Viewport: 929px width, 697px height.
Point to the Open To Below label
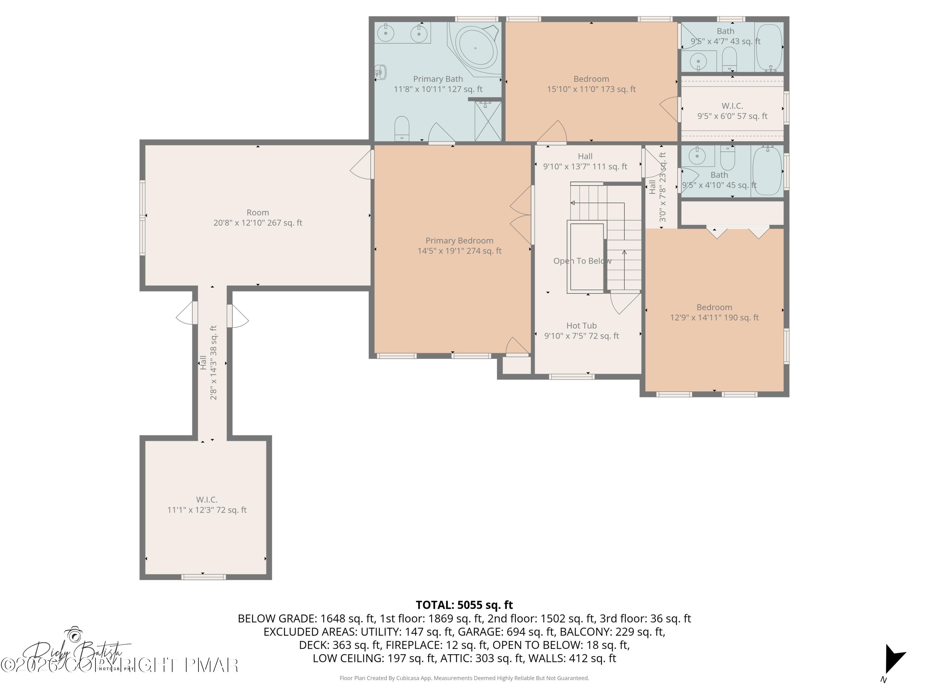pyautogui.click(x=582, y=261)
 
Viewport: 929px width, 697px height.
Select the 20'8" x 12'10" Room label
pyautogui.click(x=257, y=218)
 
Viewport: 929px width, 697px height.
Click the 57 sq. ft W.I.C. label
pyautogui.click(x=732, y=111)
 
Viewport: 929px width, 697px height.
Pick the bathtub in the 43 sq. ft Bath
pyautogui.click(x=769, y=47)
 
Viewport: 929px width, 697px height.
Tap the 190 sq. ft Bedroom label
pyautogui.click(x=714, y=312)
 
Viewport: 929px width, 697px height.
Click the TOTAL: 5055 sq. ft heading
pyautogui.click(x=464, y=605)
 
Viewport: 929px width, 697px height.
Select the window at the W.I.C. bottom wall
pyautogui.click(x=203, y=577)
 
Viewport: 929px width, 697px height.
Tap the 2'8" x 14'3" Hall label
pyautogui.click(x=208, y=362)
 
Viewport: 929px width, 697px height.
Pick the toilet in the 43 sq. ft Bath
pyautogui.click(x=730, y=59)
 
